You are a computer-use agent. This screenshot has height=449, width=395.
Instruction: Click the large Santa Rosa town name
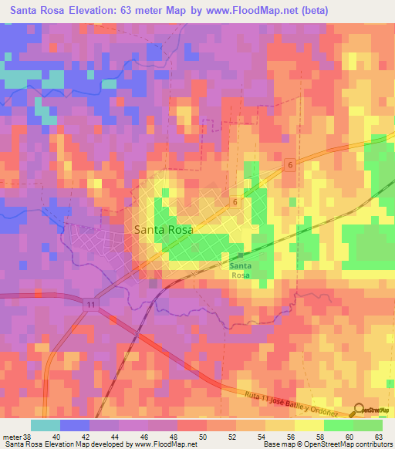pyautogui.click(x=163, y=229)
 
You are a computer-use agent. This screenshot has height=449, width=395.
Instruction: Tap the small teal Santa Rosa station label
pyautogui.click(x=239, y=270)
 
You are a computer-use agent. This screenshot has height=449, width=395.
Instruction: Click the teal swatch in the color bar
pyautogui.click(x=46, y=425)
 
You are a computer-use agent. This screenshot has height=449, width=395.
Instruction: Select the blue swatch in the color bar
pyautogui.click(x=75, y=425)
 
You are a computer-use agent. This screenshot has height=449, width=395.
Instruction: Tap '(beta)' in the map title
pyautogui.click(x=309, y=11)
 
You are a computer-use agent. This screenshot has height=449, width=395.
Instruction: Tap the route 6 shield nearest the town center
pyautogui.click(x=234, y=201)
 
